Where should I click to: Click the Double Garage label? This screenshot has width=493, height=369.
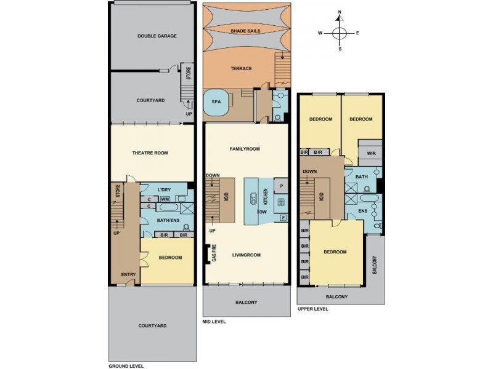click(x=157, y=36)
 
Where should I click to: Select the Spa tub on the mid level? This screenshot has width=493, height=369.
click(x=217, y=103)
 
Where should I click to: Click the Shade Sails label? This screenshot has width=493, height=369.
click(x=245, y=30)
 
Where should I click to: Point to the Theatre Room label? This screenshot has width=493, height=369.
click(x=150, y=153)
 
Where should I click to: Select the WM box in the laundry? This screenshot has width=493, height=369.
click(x=165, y=199)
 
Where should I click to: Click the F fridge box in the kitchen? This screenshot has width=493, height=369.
click(x=283, y=217)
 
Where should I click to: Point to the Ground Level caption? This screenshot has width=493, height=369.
click(x=126, y=365)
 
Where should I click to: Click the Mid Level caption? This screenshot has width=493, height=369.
click(x=214, y=321)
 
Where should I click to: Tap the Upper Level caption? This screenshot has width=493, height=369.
click(x=312, y=309)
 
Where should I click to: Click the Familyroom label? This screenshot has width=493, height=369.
click(x=245, y=149)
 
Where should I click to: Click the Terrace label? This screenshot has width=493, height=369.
click(x=241, y=68)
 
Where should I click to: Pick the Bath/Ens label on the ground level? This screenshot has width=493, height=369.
click(x=168, y=220)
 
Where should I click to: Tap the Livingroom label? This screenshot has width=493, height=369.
click(x=246, y=253)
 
